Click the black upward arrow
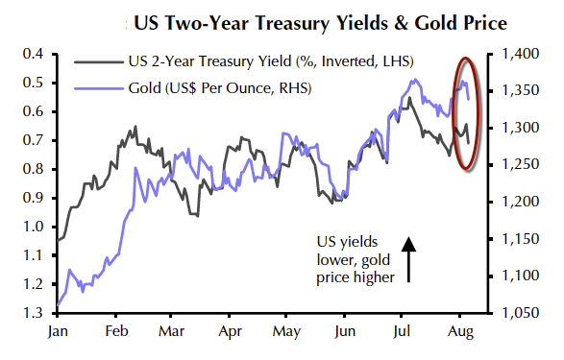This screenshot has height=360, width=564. click(x=407, y=259)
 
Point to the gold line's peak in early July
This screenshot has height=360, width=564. click(x=414, y=80)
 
